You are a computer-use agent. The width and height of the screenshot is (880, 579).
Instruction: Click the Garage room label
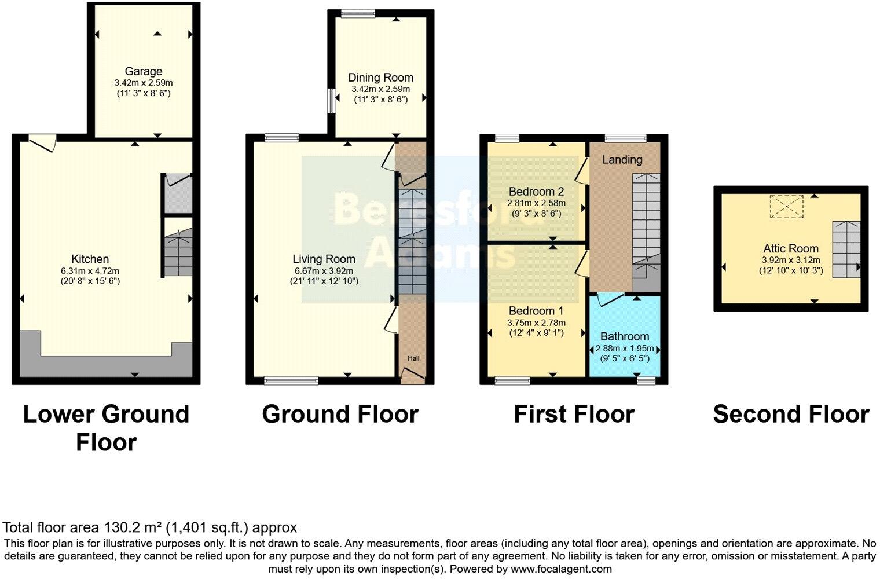pos(144,71)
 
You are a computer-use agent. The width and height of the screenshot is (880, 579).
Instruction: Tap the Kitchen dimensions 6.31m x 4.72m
pos(90,270)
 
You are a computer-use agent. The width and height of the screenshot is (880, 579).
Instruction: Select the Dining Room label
pos(380,78)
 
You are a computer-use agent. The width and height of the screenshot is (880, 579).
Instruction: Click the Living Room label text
pos(324,259)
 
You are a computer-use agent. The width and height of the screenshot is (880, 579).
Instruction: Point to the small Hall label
pos(413,358)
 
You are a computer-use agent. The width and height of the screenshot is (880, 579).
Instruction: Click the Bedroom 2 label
pos(536,192)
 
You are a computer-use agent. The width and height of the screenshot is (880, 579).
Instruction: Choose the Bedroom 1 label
pos(536,311)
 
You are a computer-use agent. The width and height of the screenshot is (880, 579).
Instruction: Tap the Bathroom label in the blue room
pos(624,336)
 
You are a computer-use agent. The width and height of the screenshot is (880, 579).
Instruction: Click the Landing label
pos(622,160)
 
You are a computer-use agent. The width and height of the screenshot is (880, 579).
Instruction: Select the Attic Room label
pos(790,249)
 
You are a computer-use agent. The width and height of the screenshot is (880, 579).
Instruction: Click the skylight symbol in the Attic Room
pos(786,207)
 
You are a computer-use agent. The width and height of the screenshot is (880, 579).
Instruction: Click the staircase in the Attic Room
pos(846,249)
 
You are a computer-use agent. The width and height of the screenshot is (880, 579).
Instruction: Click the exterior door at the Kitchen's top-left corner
pos(42,141)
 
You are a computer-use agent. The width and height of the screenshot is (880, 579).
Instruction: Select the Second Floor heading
pos(790,415)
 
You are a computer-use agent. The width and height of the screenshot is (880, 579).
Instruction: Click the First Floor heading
pos(574,415)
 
